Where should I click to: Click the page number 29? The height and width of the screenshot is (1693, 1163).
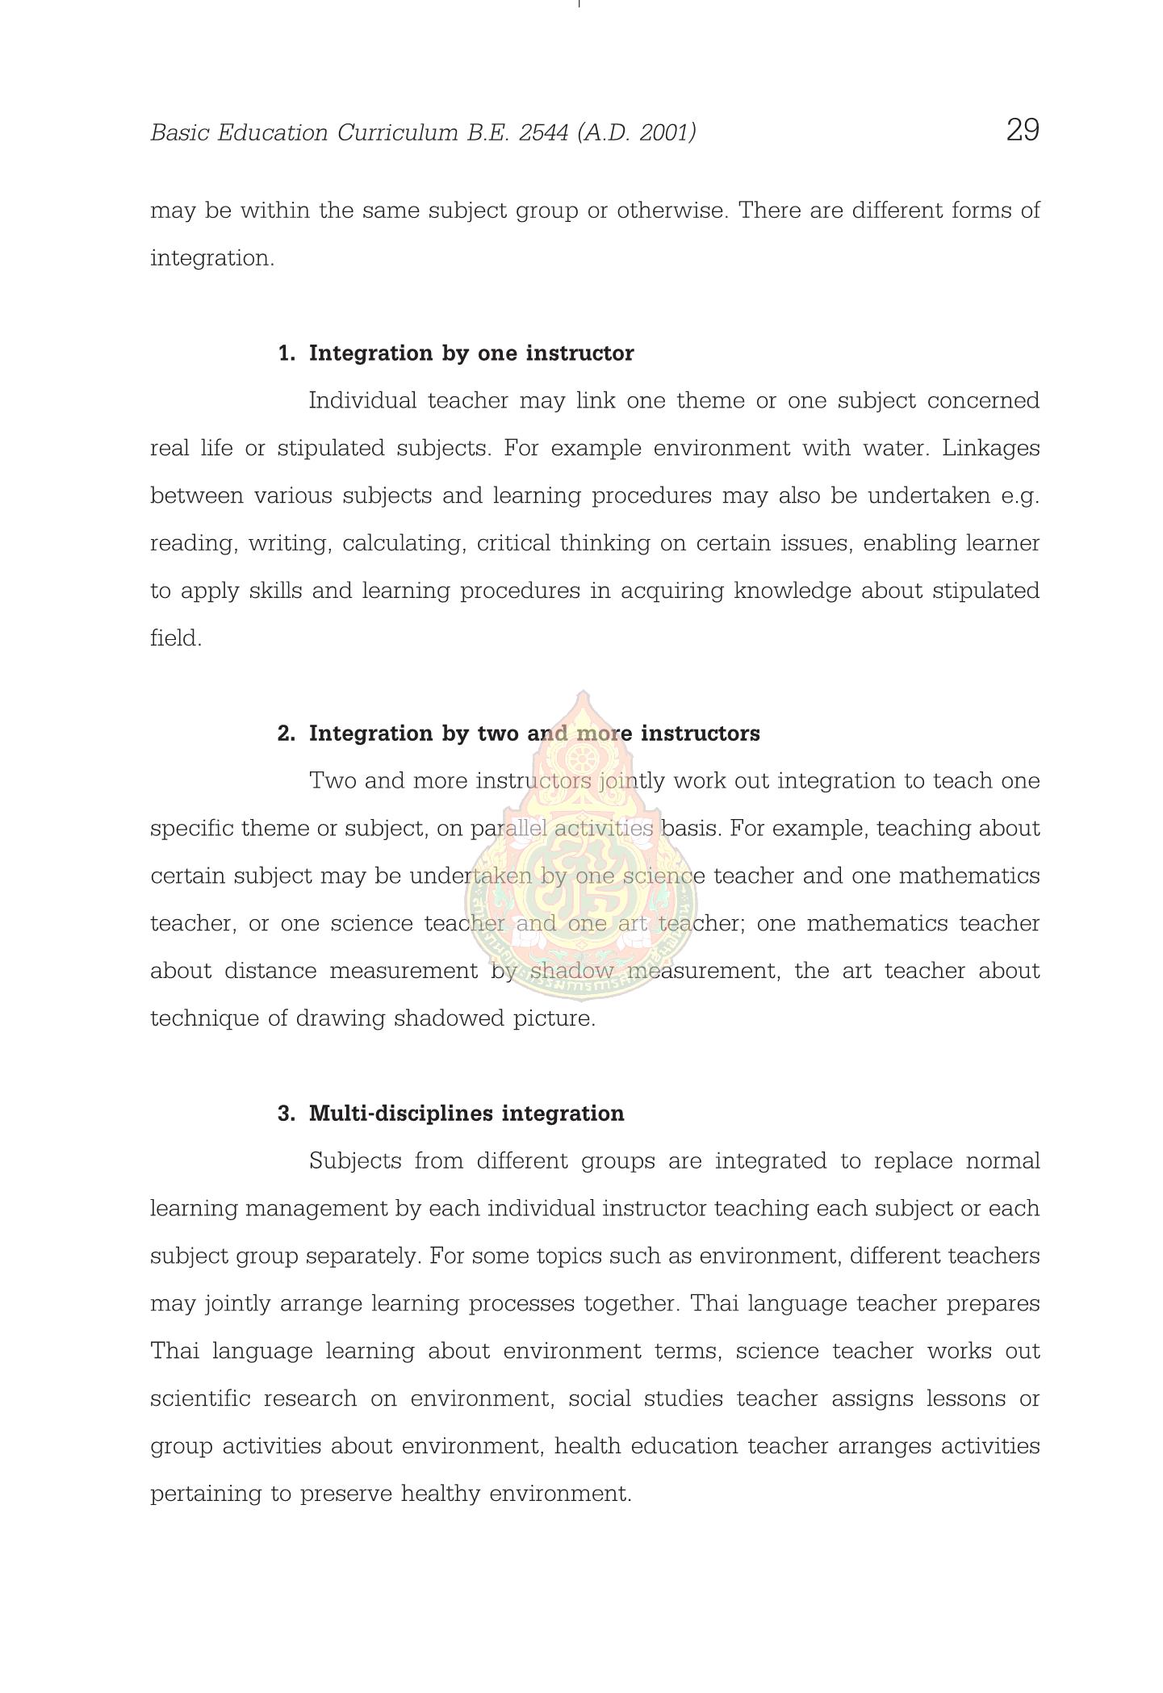pyautogui.click(x=1022, y=130)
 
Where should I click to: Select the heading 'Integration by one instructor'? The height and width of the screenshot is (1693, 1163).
pyautogui.click(x=471, y=353)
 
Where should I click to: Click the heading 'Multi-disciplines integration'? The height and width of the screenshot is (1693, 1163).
pyautogui.click(x=466, y=1114)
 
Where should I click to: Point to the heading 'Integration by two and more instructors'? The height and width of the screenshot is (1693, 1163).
pyautogui.click(x=534, y=734)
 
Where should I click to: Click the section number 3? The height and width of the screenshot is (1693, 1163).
pyautogui.click(x=285, y=1114)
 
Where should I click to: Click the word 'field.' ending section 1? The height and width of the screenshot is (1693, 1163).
pyautogui.click(x=176, y=638)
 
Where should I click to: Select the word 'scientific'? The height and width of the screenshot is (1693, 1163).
pyautogui.click(x=200, y=1398)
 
